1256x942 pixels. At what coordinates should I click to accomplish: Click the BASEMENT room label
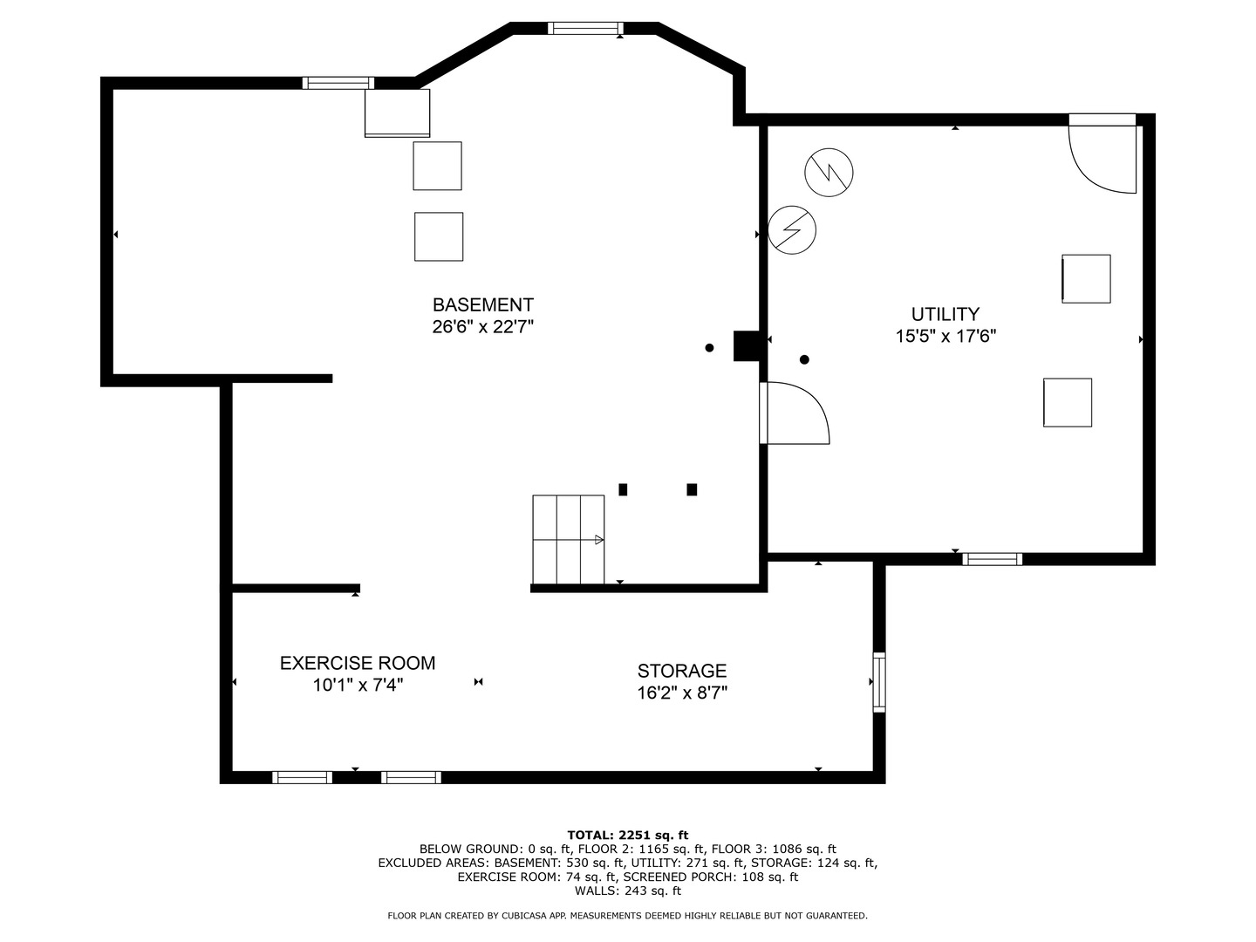(x=482, y=305)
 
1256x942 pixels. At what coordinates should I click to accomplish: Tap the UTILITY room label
(x=945, y=314)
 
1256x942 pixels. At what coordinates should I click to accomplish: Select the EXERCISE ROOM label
(x=357, y=663)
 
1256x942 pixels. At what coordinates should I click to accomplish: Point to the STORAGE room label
(x=681, y=671)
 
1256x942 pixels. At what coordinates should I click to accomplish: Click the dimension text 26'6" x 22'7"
(x=482, y=327)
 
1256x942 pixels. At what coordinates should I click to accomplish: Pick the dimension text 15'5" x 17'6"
(x=945, y=336)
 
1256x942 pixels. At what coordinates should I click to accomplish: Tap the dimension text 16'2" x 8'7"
(x=681, y=693)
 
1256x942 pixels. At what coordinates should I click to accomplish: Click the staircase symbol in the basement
(x=568, y=539)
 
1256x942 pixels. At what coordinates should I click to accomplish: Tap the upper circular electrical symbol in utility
(x=829, y=172)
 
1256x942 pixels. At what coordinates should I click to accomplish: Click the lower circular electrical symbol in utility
(x=792, y=230)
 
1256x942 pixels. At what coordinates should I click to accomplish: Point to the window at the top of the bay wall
(x=585, y=28)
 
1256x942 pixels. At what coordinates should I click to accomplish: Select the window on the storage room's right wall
(x=879, y=682)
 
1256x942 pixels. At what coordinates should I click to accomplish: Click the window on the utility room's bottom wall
(x=992, y=559)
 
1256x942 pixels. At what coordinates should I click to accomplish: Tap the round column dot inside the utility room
(x=804, y=359)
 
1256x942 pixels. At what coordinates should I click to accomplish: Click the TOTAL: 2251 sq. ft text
(x=627, y=835)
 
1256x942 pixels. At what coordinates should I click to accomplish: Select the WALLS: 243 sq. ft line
(x=627, y=891)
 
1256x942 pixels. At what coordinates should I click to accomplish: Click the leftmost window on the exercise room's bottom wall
(x=302, y=777)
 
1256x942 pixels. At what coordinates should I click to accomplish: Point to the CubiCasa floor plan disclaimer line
(x=627, y=916)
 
